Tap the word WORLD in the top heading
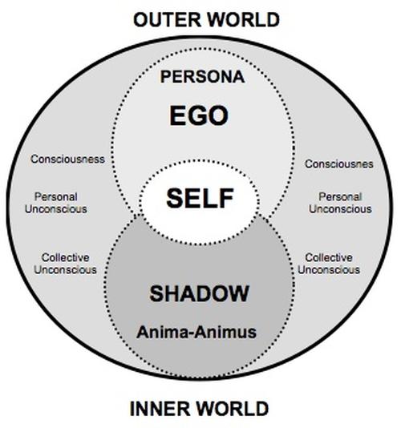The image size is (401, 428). click(x=244, y=20)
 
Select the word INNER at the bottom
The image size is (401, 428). click(x=160, y=409)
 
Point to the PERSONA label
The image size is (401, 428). click(x=202, y=77)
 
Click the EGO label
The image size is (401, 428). click(x=199, y=115)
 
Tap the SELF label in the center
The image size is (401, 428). click(x=200, y=199)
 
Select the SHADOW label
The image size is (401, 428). click(x=199, y=293)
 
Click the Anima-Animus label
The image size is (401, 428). click(x=196, y=332)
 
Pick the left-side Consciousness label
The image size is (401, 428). click(x=67, y=159)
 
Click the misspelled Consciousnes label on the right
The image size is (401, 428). click(x=339, y=164)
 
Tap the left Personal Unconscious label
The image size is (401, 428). click(x=56, y=203)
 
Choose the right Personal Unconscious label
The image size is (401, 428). click(x=340, y=203)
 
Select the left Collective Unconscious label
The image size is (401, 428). click(x=65, y=264)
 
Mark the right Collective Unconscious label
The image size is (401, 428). click(x=329, y=264)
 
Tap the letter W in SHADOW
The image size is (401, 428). click(x=238, y=293)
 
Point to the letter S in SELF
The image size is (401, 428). click(x=175, y=199)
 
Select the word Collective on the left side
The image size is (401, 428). click(x=65, y=257)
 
